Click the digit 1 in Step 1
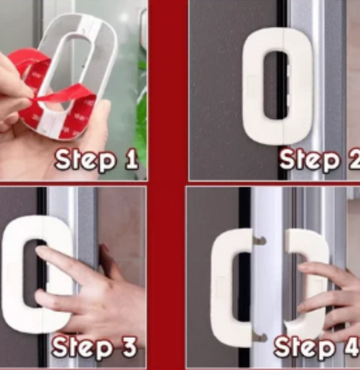(x=131, y=160)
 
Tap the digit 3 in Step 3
(x=129, y=347)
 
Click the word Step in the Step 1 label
(x=86, y=160)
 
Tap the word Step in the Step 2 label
(x=310, y=160)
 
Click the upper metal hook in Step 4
(x=259, y=241)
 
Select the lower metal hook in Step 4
(x=260, y=338)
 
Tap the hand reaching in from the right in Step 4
(x=330, y=297)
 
